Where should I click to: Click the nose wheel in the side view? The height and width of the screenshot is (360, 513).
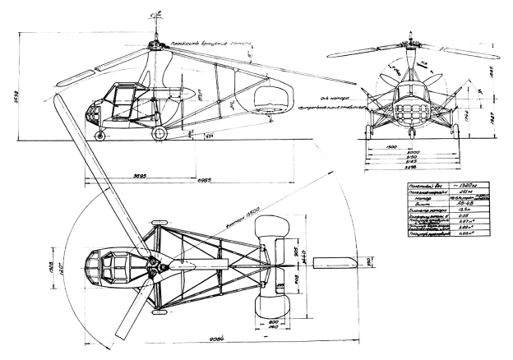(x=101, y=133)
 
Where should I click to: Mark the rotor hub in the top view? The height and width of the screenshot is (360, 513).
(x=153, y=265)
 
